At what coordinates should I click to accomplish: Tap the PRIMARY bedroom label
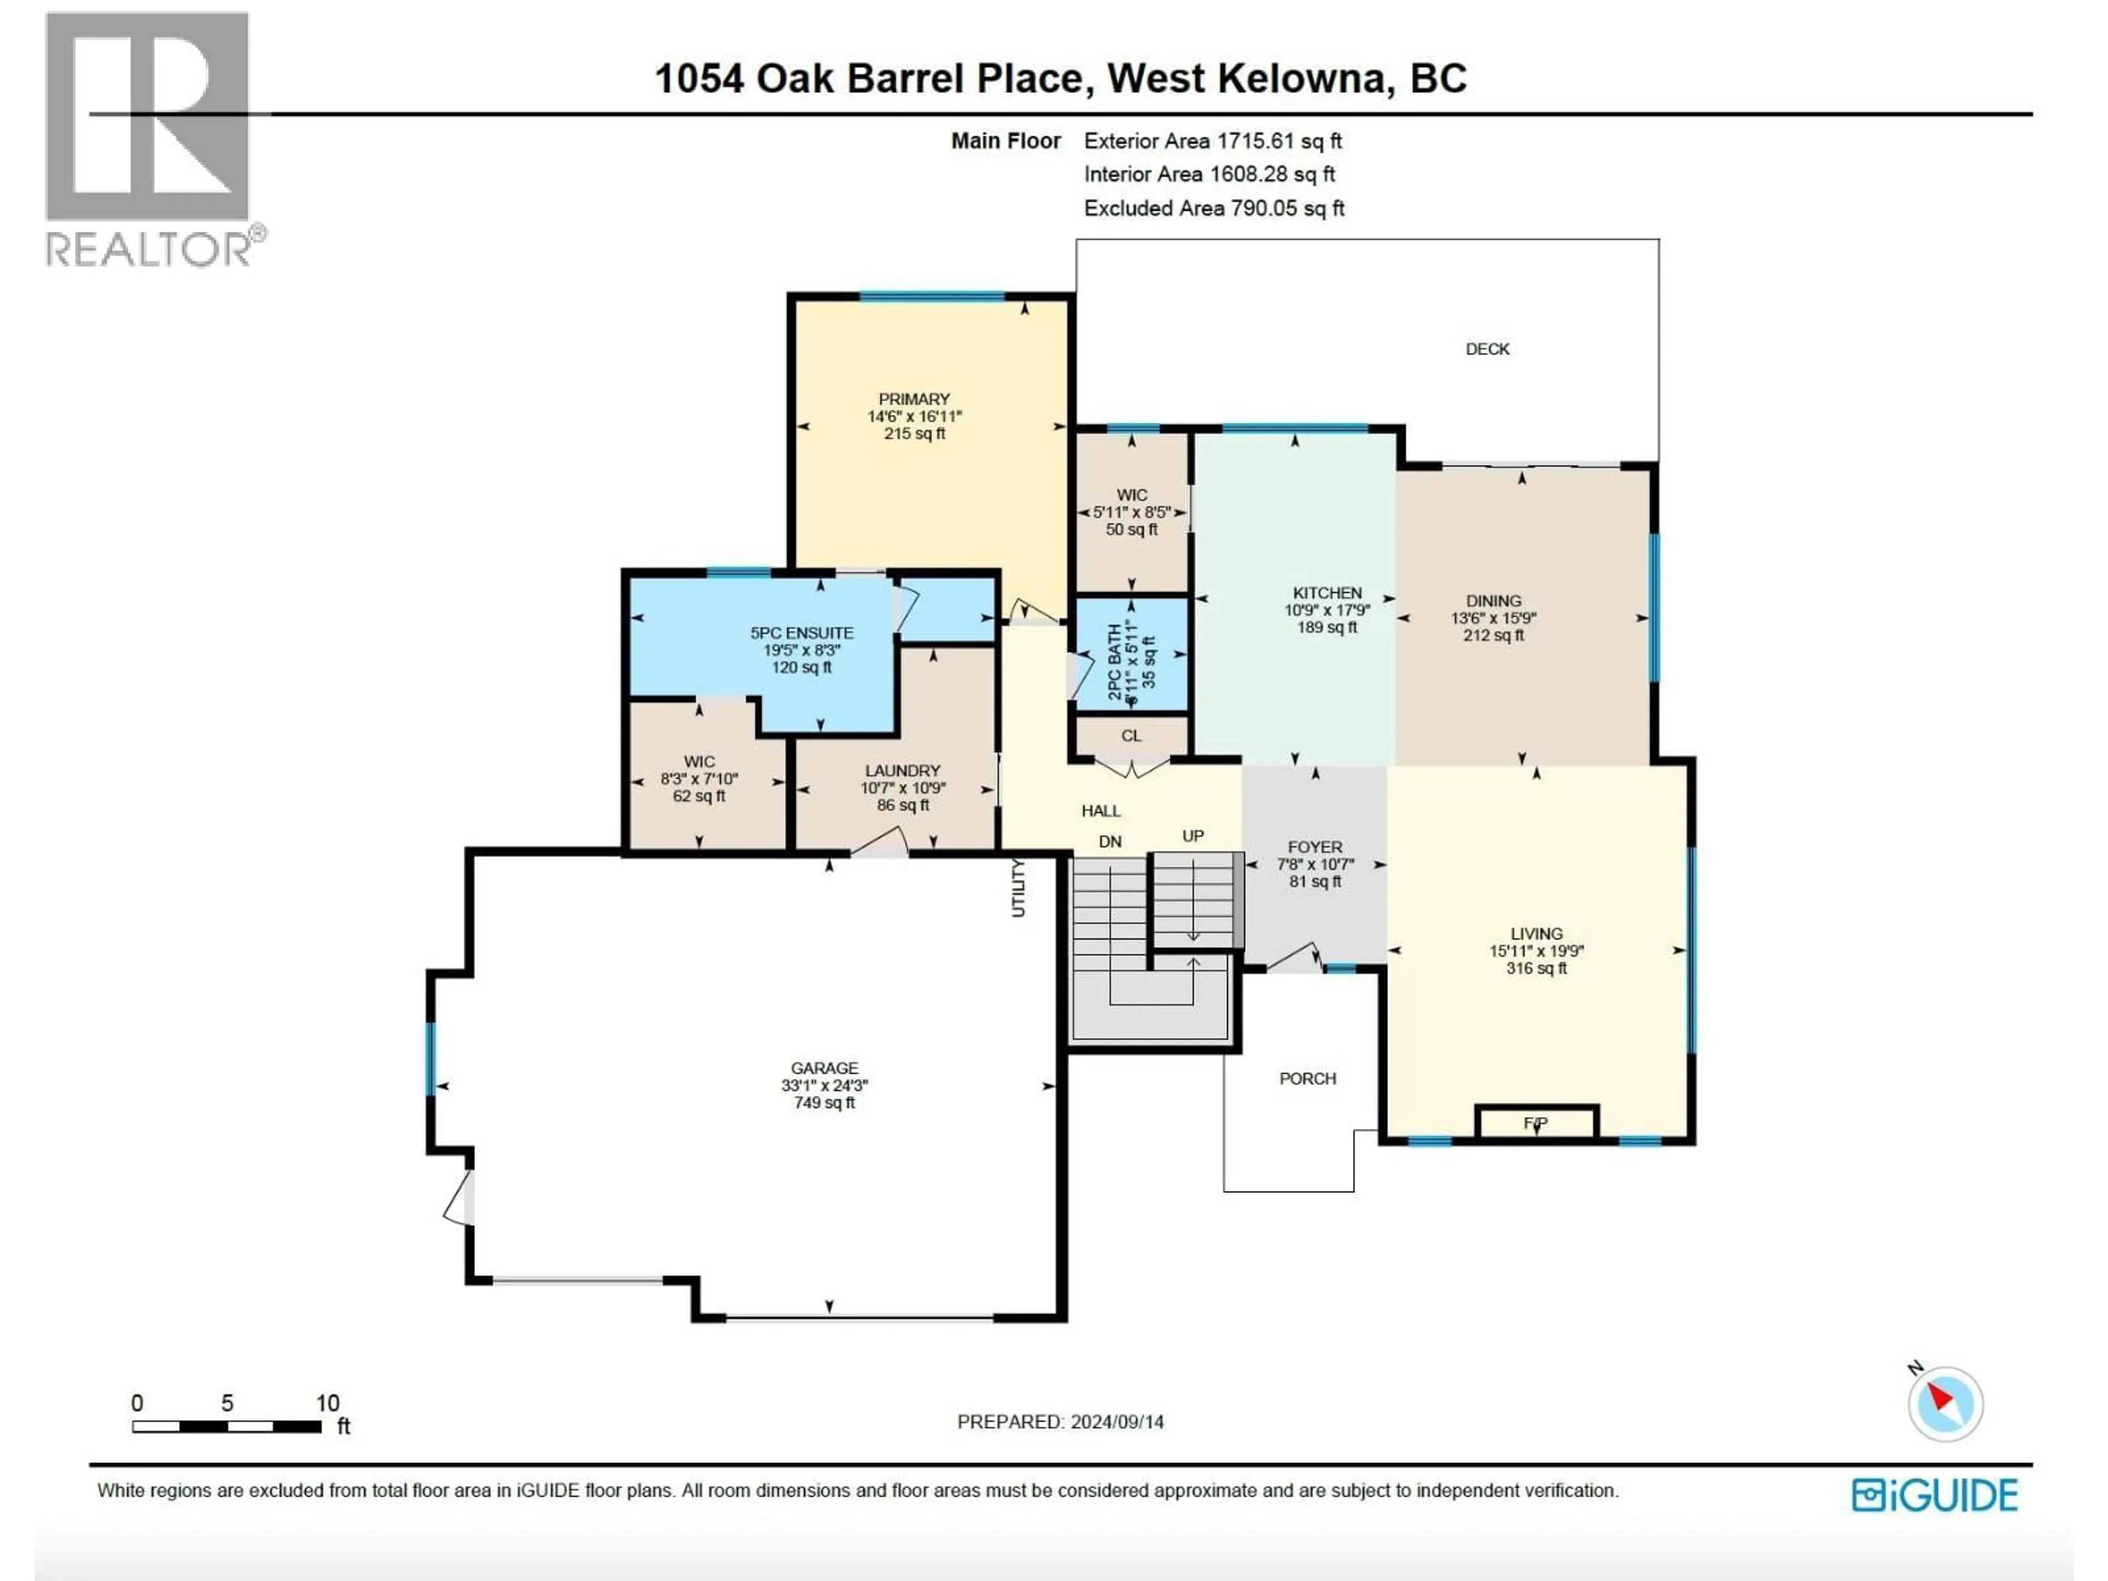tap(914, 399)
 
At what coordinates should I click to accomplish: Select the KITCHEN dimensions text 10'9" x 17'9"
tap(1326, 610)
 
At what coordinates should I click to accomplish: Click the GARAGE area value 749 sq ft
tap(825, 1103)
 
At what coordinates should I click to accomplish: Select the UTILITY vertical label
tap(1018, 888)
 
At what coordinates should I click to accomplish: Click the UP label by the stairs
tap(1193, 836)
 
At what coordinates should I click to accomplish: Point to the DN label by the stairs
tap(1110, 842)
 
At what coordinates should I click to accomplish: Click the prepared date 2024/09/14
tap(1117, 1422)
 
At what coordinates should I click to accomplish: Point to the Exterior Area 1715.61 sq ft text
tap(1212, 141)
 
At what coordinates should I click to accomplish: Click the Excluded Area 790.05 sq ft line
tap(1213, 208)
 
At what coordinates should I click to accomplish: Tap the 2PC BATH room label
tap(1115, 663)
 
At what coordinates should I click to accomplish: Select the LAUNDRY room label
tap(902, 771)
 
